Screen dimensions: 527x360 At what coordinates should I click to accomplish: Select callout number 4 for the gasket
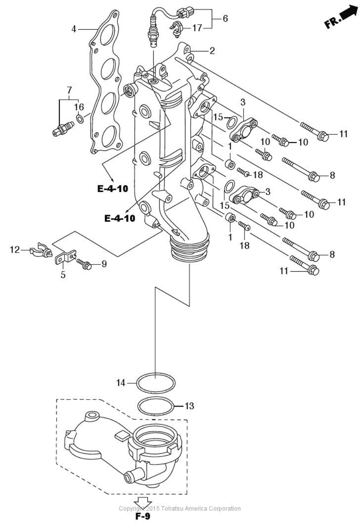click(x=74, y=29)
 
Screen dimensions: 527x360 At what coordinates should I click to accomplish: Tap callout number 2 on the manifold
click(x=212, y=50)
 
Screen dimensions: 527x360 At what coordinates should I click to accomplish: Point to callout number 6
click(x=225, y=18)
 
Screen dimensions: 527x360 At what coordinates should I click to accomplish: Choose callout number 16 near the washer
click(x=79, y=107)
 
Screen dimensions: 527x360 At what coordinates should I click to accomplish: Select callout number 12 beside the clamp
click(x=15, y=250)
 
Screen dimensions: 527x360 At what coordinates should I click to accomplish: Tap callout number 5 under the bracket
click(x=63, y=275)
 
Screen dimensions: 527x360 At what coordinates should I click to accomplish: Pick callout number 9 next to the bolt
click(x=104, y=263)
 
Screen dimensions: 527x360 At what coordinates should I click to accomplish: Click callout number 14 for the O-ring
click(x=121, y=382)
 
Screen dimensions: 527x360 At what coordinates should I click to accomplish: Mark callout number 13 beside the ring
click(x=189, y=406)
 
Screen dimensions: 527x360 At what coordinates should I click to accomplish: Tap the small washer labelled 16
click(x=80, y=118)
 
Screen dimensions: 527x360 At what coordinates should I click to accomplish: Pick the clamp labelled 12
click(x=41, y=251)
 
